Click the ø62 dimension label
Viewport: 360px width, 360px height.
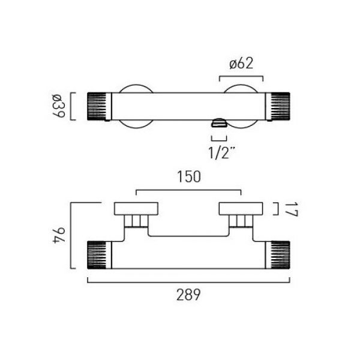pyautogui.click(x=241, y=64)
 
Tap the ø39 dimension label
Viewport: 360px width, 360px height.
pyautogui.click(x=59, y=106)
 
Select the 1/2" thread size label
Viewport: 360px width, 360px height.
pyautogui.click(x=222, y=152)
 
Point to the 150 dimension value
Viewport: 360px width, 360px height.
pyautogui.click(x=189, y=177)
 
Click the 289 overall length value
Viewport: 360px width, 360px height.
pyautogui.click(x=188, y=295)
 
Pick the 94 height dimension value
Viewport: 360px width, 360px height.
pyautogui.click(x=59, y=235)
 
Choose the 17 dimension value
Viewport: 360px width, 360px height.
pyautogui.click(x=292, y=209)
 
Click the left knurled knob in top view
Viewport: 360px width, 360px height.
pyautogui.click(x=97, y=106)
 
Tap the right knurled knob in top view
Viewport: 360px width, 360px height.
pyautogui.click(x=280, y=106)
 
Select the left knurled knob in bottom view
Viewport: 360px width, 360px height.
pyautogui.click(x=97, y=255)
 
